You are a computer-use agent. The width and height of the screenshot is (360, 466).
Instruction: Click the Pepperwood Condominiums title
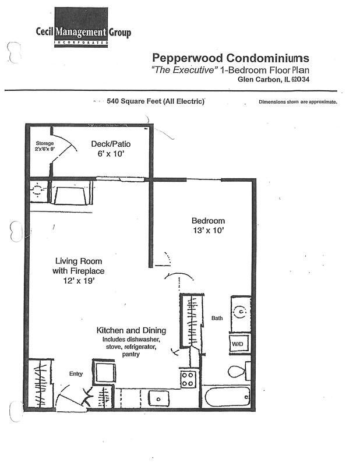click(231, 58)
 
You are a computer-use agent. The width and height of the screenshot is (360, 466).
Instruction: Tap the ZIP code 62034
click(300, 79)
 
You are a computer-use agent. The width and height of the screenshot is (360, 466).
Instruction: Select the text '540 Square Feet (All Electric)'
click(156, 101)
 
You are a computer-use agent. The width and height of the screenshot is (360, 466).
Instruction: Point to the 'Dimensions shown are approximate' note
click(298, 101)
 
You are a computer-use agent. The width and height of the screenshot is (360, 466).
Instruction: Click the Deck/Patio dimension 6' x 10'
click(111, 154)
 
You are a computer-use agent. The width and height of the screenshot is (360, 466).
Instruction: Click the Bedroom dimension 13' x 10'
click(208, 230)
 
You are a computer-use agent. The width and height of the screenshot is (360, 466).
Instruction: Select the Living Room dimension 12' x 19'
click(79, 280)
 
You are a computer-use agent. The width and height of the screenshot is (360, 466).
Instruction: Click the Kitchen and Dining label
click(131, 330)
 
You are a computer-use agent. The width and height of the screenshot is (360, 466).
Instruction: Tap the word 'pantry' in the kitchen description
click(131, 354)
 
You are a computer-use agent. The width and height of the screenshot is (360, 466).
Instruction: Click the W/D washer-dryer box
click(240, 344)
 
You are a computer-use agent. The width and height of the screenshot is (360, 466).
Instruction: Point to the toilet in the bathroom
click(239, 371)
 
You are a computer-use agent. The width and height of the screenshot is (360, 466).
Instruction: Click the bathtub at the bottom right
click(226, 397)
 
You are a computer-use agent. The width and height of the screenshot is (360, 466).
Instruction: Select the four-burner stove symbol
click(188, 379)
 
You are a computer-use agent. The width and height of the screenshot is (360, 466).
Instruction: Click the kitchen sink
click(159, 398)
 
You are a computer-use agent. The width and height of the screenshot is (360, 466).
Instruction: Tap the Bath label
click(217, 318)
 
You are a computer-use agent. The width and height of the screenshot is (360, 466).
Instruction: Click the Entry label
click(76, 374)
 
